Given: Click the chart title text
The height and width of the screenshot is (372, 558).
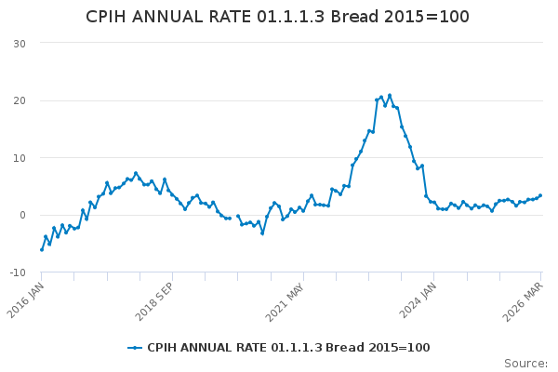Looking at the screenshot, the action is coord(277,17).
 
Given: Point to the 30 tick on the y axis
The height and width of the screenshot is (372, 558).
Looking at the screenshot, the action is coord(20,44).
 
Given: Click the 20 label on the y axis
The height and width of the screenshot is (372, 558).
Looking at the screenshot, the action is coord(20,100).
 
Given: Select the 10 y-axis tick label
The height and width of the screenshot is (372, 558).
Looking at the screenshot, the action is coord(20,158).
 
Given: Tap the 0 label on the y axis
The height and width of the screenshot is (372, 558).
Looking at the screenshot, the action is coord(22,215).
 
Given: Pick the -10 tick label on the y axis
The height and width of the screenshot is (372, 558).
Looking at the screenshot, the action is coord(18,272).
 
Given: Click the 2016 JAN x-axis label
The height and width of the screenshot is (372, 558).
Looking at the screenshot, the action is coord(26,300).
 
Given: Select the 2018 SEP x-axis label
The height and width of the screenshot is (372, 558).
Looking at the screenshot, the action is coord(154,301).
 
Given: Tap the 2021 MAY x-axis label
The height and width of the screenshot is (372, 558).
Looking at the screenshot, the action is coord(286,302).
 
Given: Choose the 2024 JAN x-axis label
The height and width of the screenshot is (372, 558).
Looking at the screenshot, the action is coord(417,300).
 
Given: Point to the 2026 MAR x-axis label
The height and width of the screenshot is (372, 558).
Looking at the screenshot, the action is coord(523,302).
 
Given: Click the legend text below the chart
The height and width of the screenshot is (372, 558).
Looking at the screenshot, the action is coord(288,348).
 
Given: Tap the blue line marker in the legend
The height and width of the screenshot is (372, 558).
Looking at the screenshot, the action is coord(135,348).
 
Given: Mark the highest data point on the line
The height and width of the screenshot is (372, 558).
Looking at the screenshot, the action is coord(390,96).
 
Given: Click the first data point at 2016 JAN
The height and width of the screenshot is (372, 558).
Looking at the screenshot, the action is coord(42,250).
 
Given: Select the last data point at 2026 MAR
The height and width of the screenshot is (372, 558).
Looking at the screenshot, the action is coord(540,195).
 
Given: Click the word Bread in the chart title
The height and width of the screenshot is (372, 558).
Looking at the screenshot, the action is coord(354,17).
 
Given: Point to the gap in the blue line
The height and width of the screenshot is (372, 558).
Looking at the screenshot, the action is coord(233,217).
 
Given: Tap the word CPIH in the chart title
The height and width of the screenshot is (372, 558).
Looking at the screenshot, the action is coord(106,17).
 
